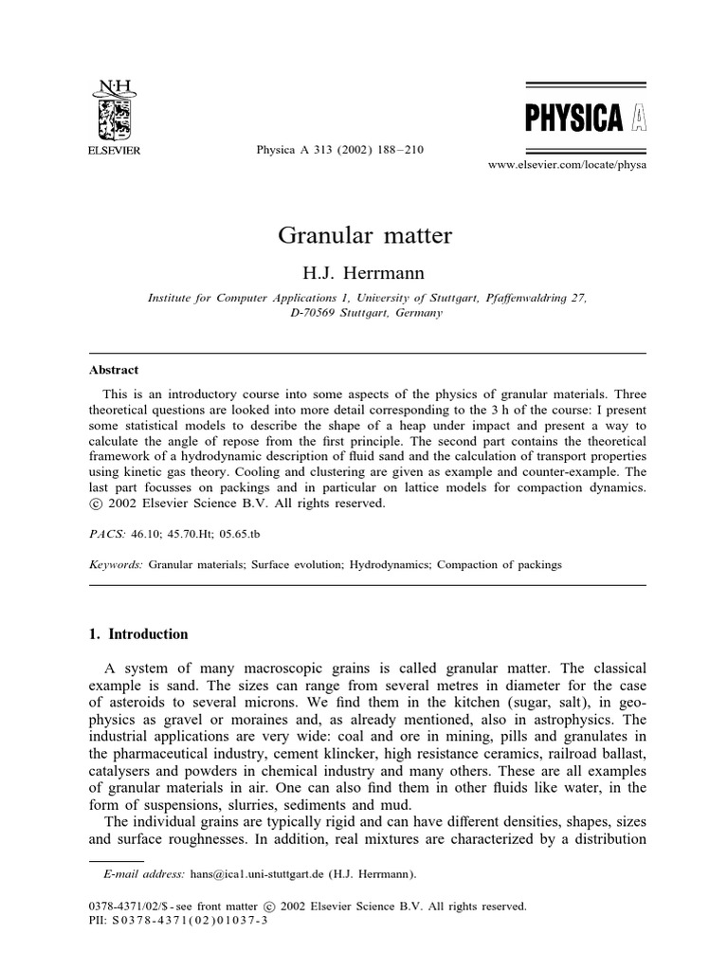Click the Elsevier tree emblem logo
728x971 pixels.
click(114, 118)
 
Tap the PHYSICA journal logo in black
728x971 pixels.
click(573, 119)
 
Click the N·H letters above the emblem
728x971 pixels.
click(114, 86)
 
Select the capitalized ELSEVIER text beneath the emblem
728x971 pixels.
click(114, 150)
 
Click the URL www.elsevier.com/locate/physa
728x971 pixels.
click(567, 165)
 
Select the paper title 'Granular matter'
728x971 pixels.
click(365, 235)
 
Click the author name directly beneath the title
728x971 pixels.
click(365, 273)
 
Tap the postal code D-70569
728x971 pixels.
click(318, 314)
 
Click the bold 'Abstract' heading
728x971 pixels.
click(114, 371)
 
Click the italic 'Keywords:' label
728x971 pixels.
click(117, 564)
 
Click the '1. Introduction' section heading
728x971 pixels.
click(138, 634)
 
